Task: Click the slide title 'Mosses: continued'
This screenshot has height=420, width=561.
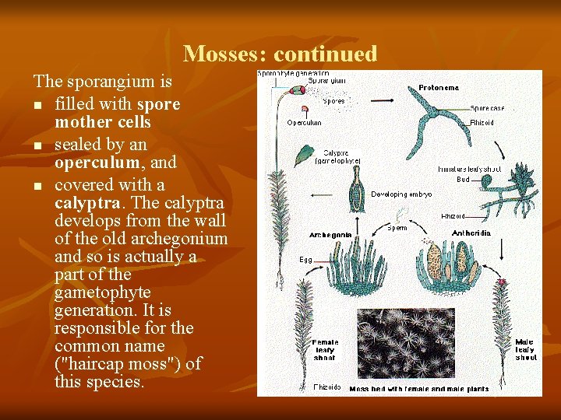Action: [x=280, y=54]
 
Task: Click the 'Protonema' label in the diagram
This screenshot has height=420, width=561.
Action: [x=439, y=88]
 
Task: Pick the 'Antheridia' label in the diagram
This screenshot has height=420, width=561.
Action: [x=471, y=232]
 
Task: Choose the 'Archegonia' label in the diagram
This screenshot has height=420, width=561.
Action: [x=330, y=234]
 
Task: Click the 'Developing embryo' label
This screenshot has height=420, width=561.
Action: [x=401, y=194]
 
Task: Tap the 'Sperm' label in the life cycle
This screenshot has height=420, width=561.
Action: [x=397, y=228]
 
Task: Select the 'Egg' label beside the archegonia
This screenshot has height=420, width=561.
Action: [x=307, y=258]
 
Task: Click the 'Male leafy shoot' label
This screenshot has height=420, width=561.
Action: [x=526, y=349]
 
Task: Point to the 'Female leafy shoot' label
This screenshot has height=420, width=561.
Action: [x=325, y=349]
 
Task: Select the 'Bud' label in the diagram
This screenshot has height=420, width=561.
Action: [x=463, y=179]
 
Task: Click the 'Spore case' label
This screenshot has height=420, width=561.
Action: [x=487, y=108]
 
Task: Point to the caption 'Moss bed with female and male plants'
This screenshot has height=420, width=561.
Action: [x=419, y=388]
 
